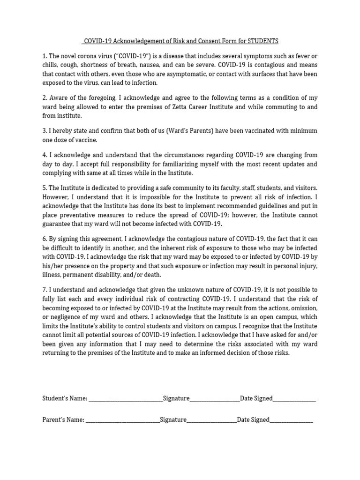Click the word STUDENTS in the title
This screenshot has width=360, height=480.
[x=264, y=41]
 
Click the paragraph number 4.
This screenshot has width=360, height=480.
[x=44, y=155]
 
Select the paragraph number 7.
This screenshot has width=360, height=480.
[x=44, y=290]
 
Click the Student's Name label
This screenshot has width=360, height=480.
[x=65, y=398]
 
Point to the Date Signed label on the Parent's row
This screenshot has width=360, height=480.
[x=253, y=420]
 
